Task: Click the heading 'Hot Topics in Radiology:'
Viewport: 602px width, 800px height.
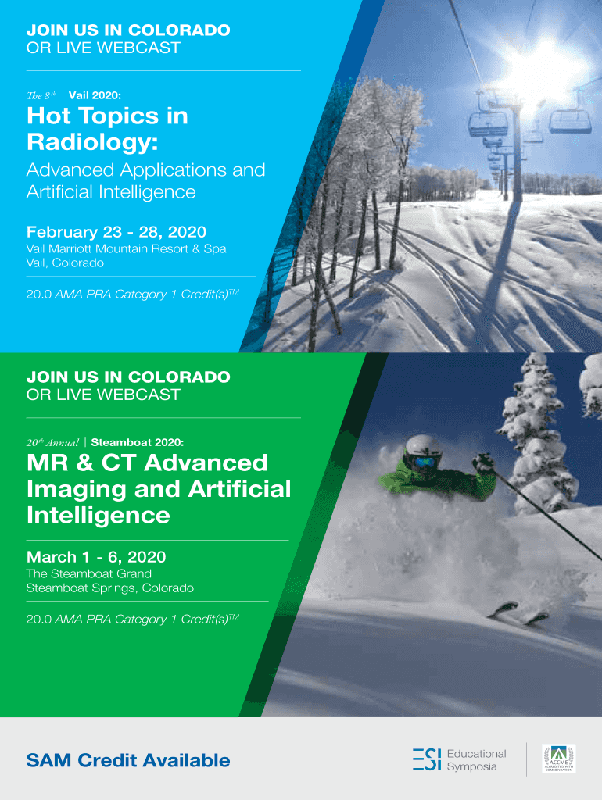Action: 107,129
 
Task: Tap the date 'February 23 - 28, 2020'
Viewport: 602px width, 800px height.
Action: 116,232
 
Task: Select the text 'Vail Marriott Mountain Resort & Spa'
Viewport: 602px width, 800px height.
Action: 126,249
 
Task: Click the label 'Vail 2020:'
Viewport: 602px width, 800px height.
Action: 95,95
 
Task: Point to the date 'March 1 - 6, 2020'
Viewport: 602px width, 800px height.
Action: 96,556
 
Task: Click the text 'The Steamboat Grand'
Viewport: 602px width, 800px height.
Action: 89,573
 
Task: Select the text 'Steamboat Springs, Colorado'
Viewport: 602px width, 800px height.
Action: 110,587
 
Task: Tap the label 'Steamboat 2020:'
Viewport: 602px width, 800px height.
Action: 138,442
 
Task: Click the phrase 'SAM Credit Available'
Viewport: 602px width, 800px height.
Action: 128,760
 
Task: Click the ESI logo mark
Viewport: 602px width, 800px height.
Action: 426,759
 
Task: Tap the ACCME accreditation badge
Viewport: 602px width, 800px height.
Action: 558,758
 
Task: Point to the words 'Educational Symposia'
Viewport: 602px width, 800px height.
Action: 476,759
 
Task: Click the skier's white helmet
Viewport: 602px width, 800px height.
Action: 422,446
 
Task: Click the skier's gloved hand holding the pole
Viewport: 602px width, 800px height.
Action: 483,462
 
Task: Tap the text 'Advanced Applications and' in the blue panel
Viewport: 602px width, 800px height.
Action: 146,170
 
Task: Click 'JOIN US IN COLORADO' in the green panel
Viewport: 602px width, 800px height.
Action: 128,377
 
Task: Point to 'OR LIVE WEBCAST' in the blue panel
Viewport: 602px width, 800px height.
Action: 103,48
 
